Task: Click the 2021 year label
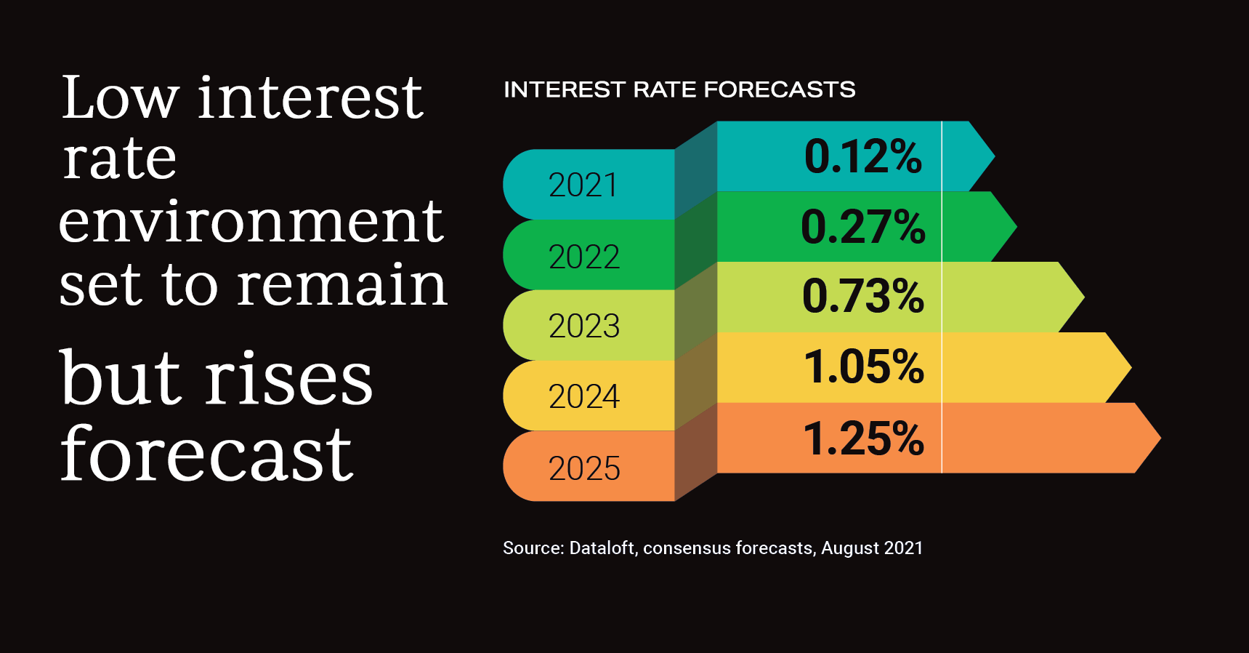coord(583,185)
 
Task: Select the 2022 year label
coord(583,257)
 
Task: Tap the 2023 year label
coord(583,326)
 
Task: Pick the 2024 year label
coord(583,396)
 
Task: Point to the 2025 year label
coord(583,468)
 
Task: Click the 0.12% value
coord(862,156)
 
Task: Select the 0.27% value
coord(862,226)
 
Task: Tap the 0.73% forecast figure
coord(862,296)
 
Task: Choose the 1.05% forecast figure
coord(863,366)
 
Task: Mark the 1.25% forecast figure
coord(863,438)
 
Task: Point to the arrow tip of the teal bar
coord(989,156)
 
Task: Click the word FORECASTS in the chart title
coord(779,89)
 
